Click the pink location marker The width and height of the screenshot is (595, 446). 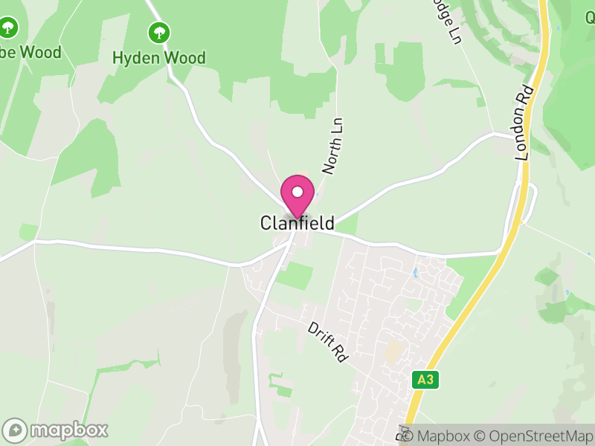[297, 195]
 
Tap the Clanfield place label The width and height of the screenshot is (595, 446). [297, 223]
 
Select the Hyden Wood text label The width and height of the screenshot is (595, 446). [158, 57]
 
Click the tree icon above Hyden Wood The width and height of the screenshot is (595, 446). [158, 32]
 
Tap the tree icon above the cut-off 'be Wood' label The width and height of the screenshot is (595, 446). [8, 28]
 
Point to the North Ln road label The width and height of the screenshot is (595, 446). [334, 146]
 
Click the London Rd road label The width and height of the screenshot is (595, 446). [524, 123]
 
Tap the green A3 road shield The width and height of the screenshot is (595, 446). [425, 380]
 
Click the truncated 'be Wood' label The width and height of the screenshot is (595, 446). [30, 52]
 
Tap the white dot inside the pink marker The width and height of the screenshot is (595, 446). [297, 192]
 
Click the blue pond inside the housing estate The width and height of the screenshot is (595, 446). [414, 273]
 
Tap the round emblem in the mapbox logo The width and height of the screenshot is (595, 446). [15, 430]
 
